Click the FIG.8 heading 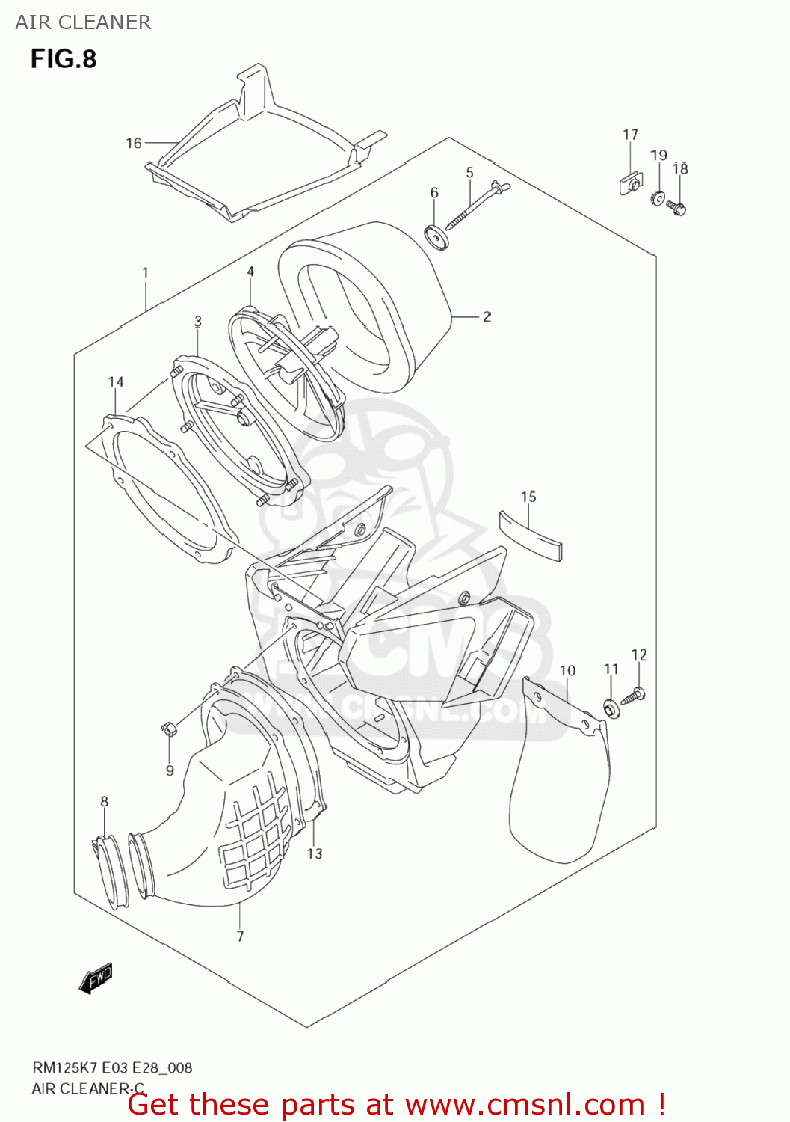point(64,59)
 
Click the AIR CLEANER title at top point(83,22)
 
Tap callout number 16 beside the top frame point(134,143)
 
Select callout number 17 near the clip point(630,135)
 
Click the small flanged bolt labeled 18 point(676,206)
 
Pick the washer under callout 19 point(658,199)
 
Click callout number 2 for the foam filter point(487,316)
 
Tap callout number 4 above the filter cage point(250,272)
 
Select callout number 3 point(198,322)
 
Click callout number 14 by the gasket point(116,382)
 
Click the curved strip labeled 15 point(531,533)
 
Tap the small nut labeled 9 point(168,728)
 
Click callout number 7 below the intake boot point(240,935)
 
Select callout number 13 point(315,853)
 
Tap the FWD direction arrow point(96,978)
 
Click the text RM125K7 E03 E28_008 point(112,1067)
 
